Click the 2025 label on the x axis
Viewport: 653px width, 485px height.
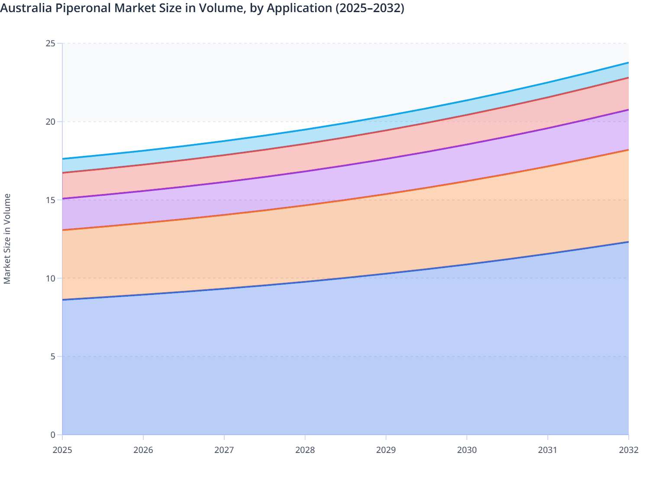point(62,450)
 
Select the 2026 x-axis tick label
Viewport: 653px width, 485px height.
point(143,450)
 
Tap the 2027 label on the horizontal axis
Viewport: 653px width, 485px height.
point(224,450)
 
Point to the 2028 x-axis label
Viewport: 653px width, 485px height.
point(305,450)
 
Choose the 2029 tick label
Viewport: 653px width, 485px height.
point(386,450)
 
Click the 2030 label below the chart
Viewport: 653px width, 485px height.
point(467,450)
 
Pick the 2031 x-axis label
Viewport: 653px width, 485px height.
point(547,450)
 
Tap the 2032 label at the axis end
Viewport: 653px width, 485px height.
point(628,450)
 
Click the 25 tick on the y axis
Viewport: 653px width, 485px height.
point(50,43)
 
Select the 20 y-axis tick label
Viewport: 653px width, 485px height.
point(50,122)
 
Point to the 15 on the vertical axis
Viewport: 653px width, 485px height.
point(50,200)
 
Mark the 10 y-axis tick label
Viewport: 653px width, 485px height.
point(50,278)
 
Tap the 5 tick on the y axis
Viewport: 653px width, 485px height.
point(53,356)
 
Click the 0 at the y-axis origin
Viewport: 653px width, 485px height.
point(53,435)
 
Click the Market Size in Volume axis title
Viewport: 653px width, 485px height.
point(7,239)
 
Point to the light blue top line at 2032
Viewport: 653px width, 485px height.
point(627,63)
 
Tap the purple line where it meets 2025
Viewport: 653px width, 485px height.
point(63,198)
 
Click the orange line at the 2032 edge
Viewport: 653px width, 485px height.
point(627,150)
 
